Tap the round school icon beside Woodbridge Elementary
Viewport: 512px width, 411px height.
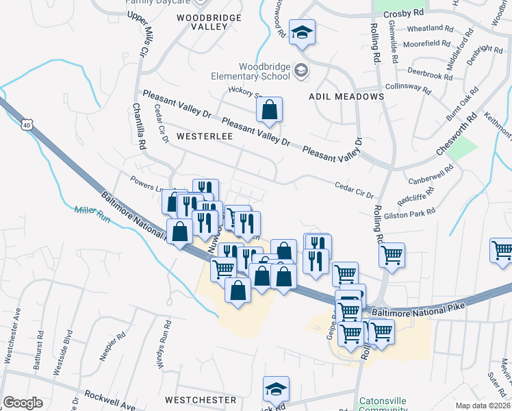(300, 71)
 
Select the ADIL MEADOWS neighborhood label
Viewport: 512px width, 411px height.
(346, 97)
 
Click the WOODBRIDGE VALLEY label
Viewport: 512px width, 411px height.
(202, 21)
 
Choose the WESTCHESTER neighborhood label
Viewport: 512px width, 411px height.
(201, 399)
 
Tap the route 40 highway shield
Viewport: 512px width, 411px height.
(26, 125)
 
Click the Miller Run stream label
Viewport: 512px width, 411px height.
(92, 213)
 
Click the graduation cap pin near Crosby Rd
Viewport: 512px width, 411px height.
(301, 32)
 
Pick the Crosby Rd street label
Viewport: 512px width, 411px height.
(404, 13)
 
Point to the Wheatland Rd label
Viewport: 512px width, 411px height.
(430, 29)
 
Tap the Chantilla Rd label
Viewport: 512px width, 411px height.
(140, 128)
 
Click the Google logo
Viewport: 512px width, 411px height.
(23, 403)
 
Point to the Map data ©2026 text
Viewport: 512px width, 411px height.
(483, 406)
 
